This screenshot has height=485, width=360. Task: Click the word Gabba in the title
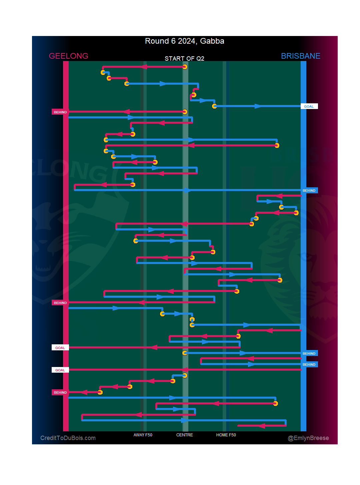click(212, 41)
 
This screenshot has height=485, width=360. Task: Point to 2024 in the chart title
click(186, 41)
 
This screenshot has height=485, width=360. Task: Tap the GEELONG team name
click(69, 56)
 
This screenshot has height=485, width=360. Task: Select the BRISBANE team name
click(300, 56)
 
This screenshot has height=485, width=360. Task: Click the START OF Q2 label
click(184, 59)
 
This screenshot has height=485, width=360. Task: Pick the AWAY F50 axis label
click(143, 435)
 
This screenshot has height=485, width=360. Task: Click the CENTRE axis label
click(185, 435)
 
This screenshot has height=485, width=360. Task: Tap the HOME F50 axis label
click(226, 435)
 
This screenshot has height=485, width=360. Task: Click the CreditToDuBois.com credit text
click(68, 438)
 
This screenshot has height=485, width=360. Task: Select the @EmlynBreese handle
click(308, 438)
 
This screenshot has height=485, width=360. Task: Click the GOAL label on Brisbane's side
click(309, 106)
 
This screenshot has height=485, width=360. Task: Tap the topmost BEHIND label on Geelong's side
click(60, 112)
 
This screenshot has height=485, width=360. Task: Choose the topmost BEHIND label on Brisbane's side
click(309, 191)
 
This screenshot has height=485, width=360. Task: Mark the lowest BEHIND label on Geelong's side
click(60, 392)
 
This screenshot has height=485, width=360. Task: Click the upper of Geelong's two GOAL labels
click(60, 348)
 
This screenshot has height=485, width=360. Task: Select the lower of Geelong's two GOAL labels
click(60, 370)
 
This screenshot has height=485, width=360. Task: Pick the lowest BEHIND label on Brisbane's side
click(309, 364)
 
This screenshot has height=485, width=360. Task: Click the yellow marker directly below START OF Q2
click(185, 67)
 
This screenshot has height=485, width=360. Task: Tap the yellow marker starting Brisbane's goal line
click(214, 106)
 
